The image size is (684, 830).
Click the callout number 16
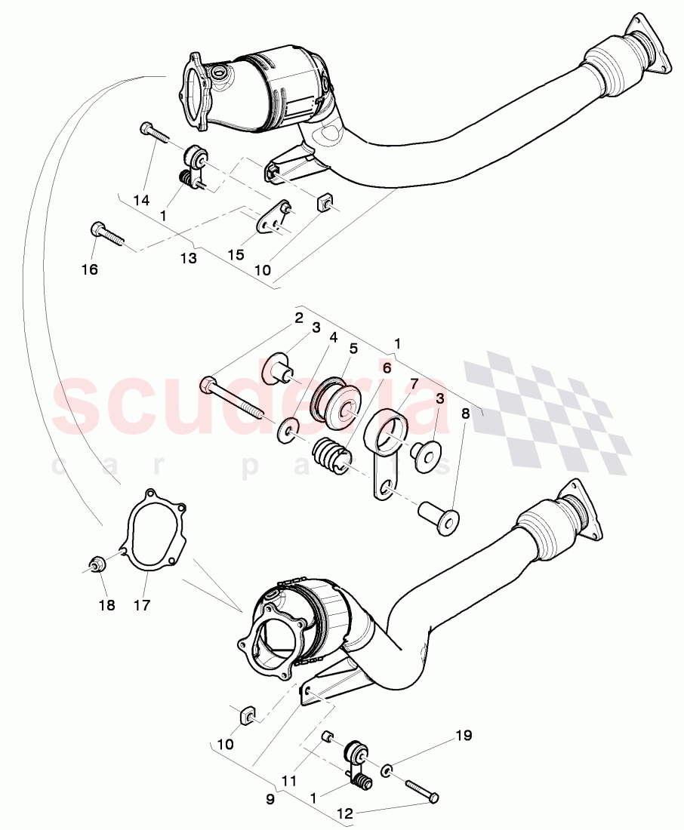pyautogui.click(x=90, y=269)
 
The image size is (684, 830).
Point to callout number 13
pyautogui.click(x=188, y=258)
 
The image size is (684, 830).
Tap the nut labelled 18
pyautogui.click(x=96, y=564)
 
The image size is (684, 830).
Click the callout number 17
pyautogui.click(x=143, y=604)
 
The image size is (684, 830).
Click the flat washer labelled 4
pyautogui.click(x=288, y=432)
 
